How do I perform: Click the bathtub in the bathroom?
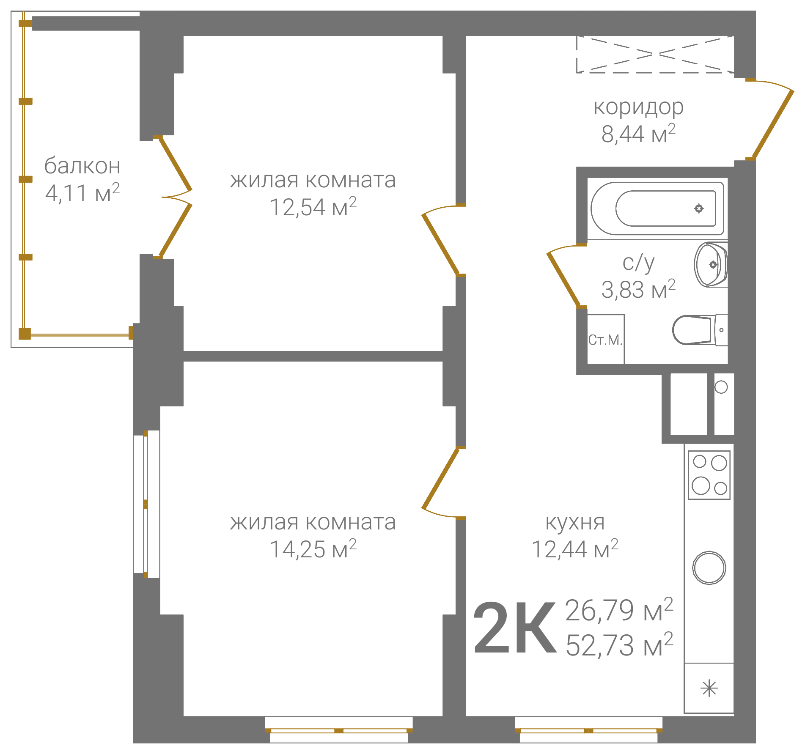657,208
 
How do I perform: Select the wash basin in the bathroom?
711,265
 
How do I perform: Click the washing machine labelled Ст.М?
606,339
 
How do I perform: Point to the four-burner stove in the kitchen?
709,475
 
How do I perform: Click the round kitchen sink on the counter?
709,568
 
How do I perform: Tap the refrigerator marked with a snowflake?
709,688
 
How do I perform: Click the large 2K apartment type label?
514,628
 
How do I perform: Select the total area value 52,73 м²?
619,645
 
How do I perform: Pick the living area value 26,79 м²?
619,610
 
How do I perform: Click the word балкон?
82,165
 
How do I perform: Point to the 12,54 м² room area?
313,207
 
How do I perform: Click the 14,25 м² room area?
313,549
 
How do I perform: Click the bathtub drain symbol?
699,208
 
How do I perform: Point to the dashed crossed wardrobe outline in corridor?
655,54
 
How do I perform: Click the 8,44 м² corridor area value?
638,134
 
